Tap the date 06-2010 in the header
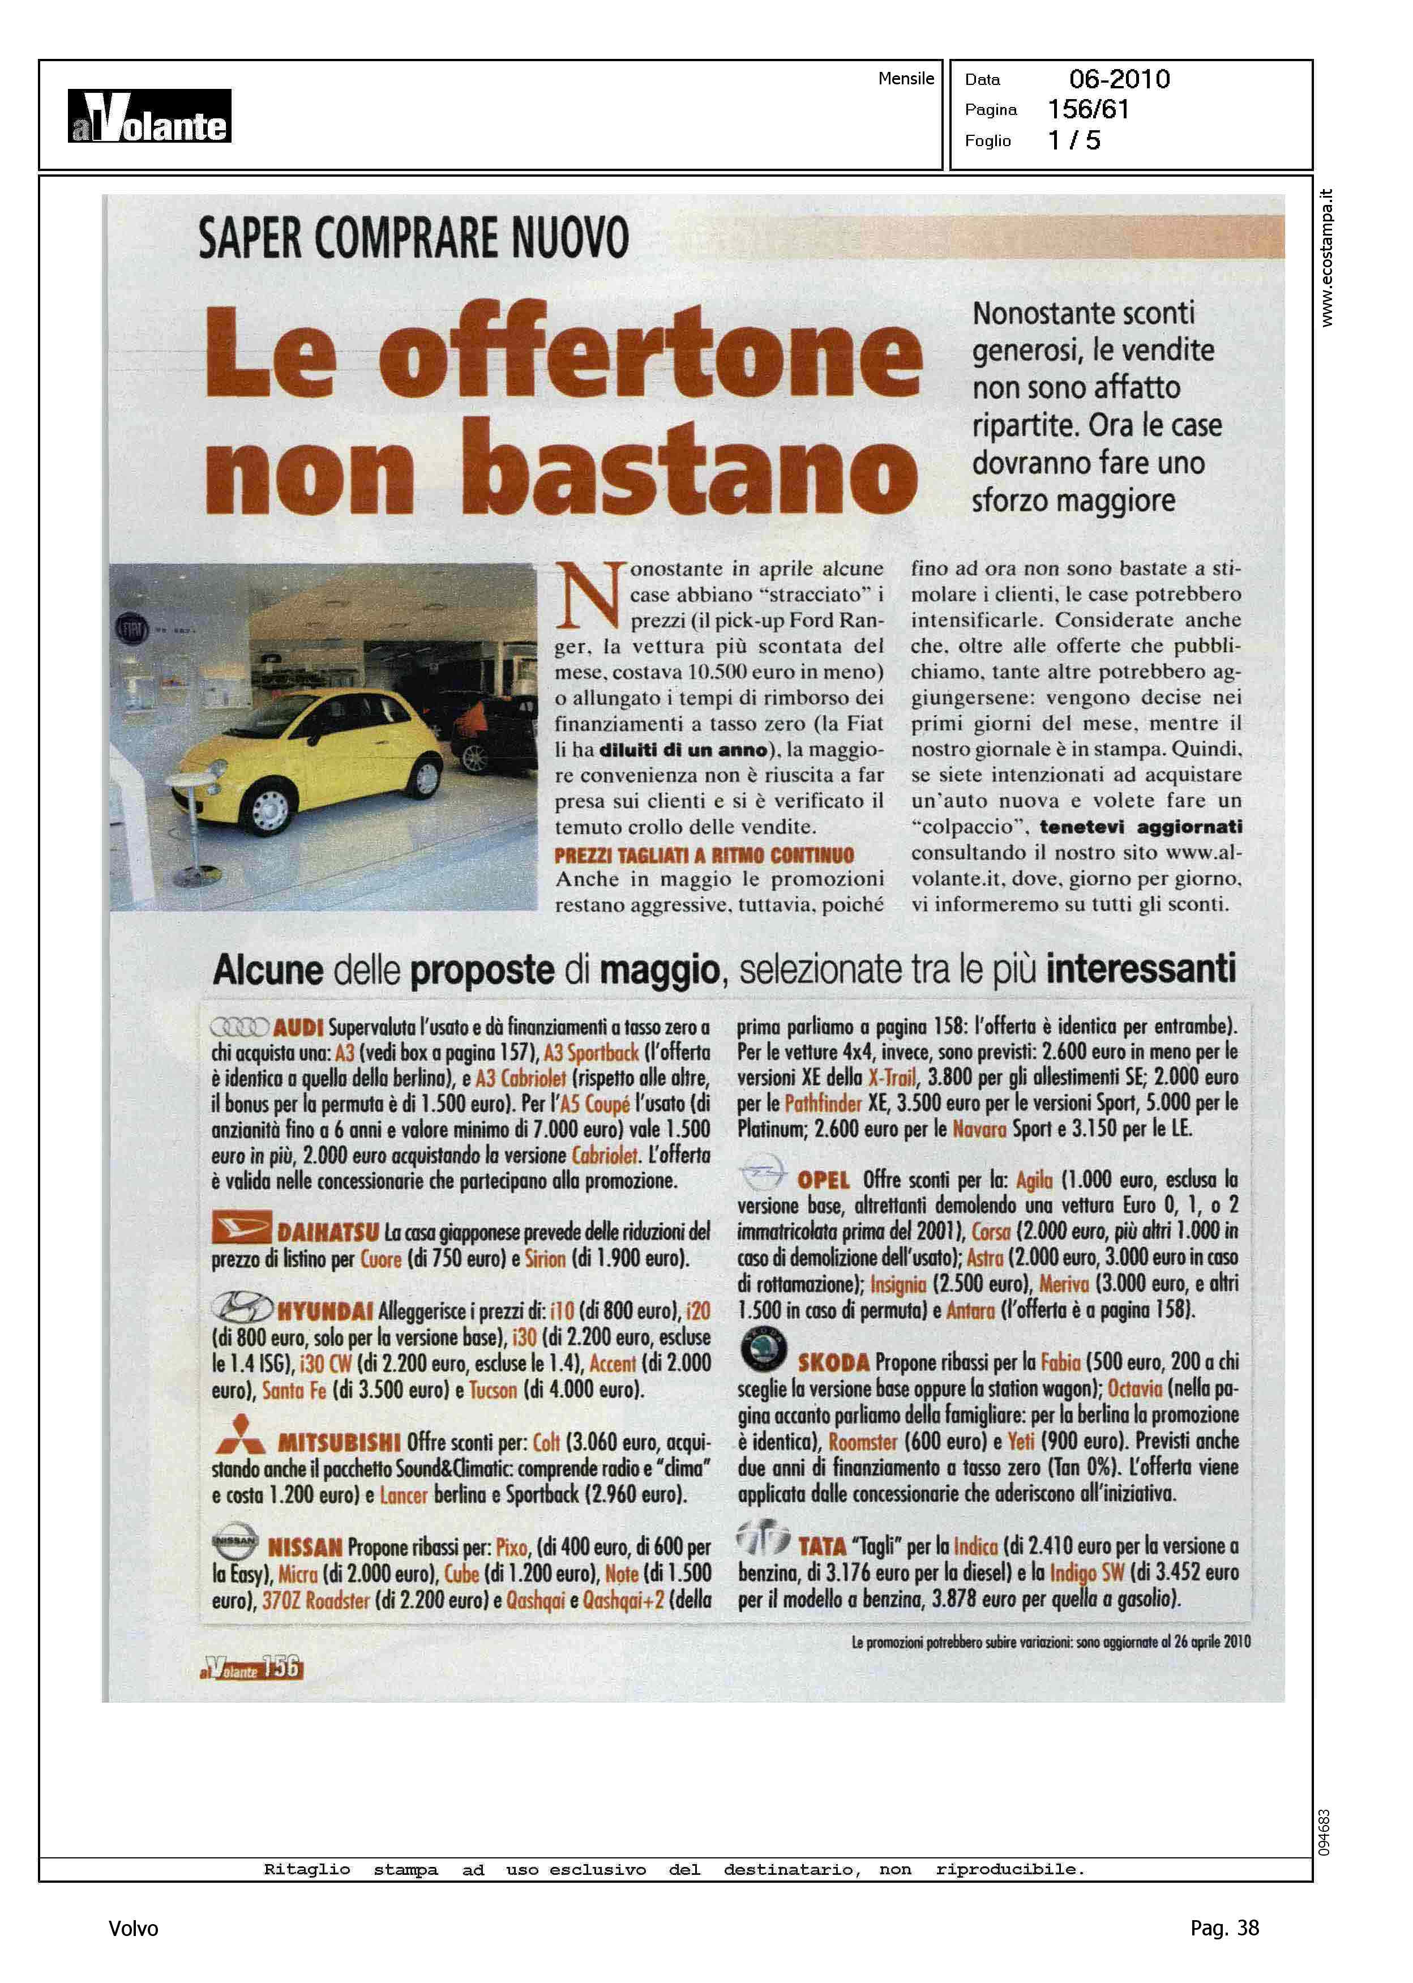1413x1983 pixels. [x=1119, y=79]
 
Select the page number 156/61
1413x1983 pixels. [x=1087, y=110]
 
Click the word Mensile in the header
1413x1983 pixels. [x=906, y=78]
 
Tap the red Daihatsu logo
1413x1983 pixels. [x=241, y=1228]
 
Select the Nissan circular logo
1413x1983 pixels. [x=235, y=1541]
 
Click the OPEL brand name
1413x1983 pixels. [x=823, y=1180]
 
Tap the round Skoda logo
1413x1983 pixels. [x=763, y=1349]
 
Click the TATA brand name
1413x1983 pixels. [x=821, y=1546]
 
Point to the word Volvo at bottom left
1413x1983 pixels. [x=133, y=1928]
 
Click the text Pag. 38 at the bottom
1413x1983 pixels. [x=1223, y=1928]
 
